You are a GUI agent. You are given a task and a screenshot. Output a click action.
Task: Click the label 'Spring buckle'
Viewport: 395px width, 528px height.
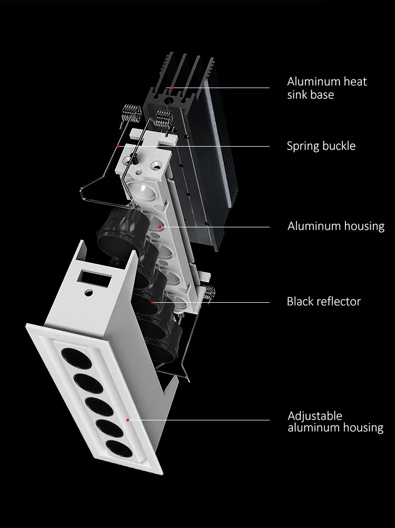(x=321, y=146)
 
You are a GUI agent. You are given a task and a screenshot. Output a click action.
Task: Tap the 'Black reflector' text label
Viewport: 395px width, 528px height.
(x=323, y=302)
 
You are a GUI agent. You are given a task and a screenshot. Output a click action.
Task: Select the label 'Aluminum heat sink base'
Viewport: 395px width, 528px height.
(x=327, y=88)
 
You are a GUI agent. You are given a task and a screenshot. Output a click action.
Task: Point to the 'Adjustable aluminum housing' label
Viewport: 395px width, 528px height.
(x=335, y=422)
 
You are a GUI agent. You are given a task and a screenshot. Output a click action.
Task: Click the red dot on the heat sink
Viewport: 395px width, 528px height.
(x=172, y=87)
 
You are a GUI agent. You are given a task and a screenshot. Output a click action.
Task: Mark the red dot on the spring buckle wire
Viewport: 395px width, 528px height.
(x=118, y=146)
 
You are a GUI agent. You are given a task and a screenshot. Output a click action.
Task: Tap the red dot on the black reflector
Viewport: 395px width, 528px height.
(x=152, y=302)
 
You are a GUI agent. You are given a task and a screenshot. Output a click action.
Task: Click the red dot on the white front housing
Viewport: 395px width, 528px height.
(x=128, y=420)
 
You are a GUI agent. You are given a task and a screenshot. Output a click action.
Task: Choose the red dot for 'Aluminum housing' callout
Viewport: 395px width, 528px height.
(x=162, y=227)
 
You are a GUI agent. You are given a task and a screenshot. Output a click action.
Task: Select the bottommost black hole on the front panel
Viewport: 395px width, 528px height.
(x=118, y=449)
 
